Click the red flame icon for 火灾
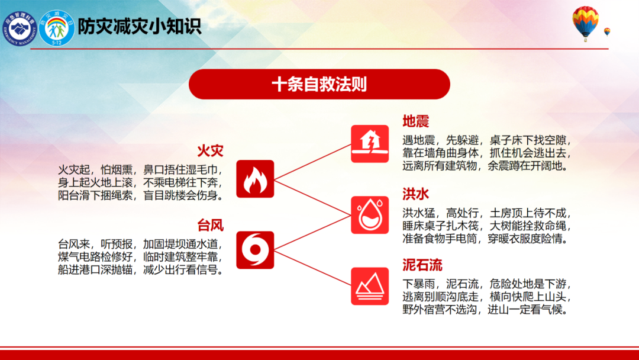coord(255,179)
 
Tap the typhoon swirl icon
coord(255,250)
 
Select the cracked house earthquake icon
coord(370,144)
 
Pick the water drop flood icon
coord(370,215)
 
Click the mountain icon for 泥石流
coord(370,286)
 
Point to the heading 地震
coord(416,121)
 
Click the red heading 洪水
coord(416,194)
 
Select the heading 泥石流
coord(422,265)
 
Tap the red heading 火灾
coord(210,151)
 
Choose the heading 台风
coord(210,225)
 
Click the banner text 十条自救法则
coord(319,85)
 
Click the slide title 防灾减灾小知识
coord(140,27)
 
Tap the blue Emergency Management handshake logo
coord(20,28)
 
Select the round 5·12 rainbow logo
coord(57,28)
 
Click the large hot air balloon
coord(585,23)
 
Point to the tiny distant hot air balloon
coord(607,32)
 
